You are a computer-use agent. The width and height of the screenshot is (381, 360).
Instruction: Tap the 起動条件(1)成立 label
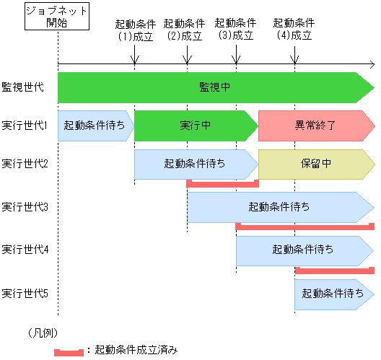pyautogui.click(x=135, y=29)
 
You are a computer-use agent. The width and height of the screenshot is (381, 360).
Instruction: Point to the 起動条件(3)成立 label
pyautogui.click(x=235, y=29)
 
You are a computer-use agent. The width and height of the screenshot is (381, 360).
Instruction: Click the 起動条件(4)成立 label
pyautogui.click(x=294, y=29)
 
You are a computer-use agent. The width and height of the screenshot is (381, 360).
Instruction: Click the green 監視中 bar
pyautogui.click(x=215, y=87)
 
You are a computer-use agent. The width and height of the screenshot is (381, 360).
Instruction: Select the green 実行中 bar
pyautogui.click(x=195, y=125)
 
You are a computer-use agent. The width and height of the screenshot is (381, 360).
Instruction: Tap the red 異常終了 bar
pyautogui.click(x=315, y=125)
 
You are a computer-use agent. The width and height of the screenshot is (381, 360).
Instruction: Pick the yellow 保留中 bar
pyautogui.click(x=315, y=163)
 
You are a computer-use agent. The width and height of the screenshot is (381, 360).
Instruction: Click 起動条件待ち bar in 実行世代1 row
pyautogui.click(x=95, y=125)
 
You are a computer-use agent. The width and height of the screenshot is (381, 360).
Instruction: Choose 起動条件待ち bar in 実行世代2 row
pyautogui.click(x=195, y=163)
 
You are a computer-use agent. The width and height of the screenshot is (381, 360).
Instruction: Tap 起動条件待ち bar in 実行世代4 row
pyautogui.click(x=303, y=250)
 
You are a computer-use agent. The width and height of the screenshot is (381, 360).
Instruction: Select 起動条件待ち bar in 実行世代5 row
pyautogui.click(x=333, y=294)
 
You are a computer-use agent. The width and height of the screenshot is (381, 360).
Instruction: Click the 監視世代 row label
pyautogui.click(x=23, y=87)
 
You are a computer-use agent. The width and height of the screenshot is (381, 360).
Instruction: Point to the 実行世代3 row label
pyautogui.click(x=25, y=207)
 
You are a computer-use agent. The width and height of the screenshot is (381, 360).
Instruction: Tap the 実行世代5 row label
pyautogui.click(x=25, y=294)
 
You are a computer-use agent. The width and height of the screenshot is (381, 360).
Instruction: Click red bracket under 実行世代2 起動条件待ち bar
pyautogui.click(x=222, y=184)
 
